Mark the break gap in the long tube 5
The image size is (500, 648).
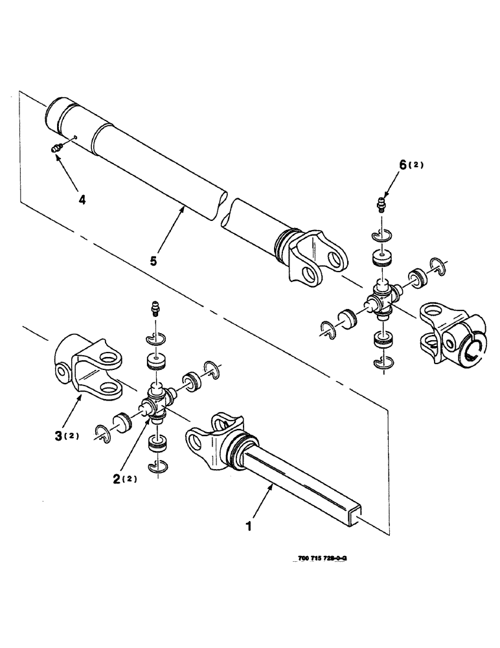coord(226,205)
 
